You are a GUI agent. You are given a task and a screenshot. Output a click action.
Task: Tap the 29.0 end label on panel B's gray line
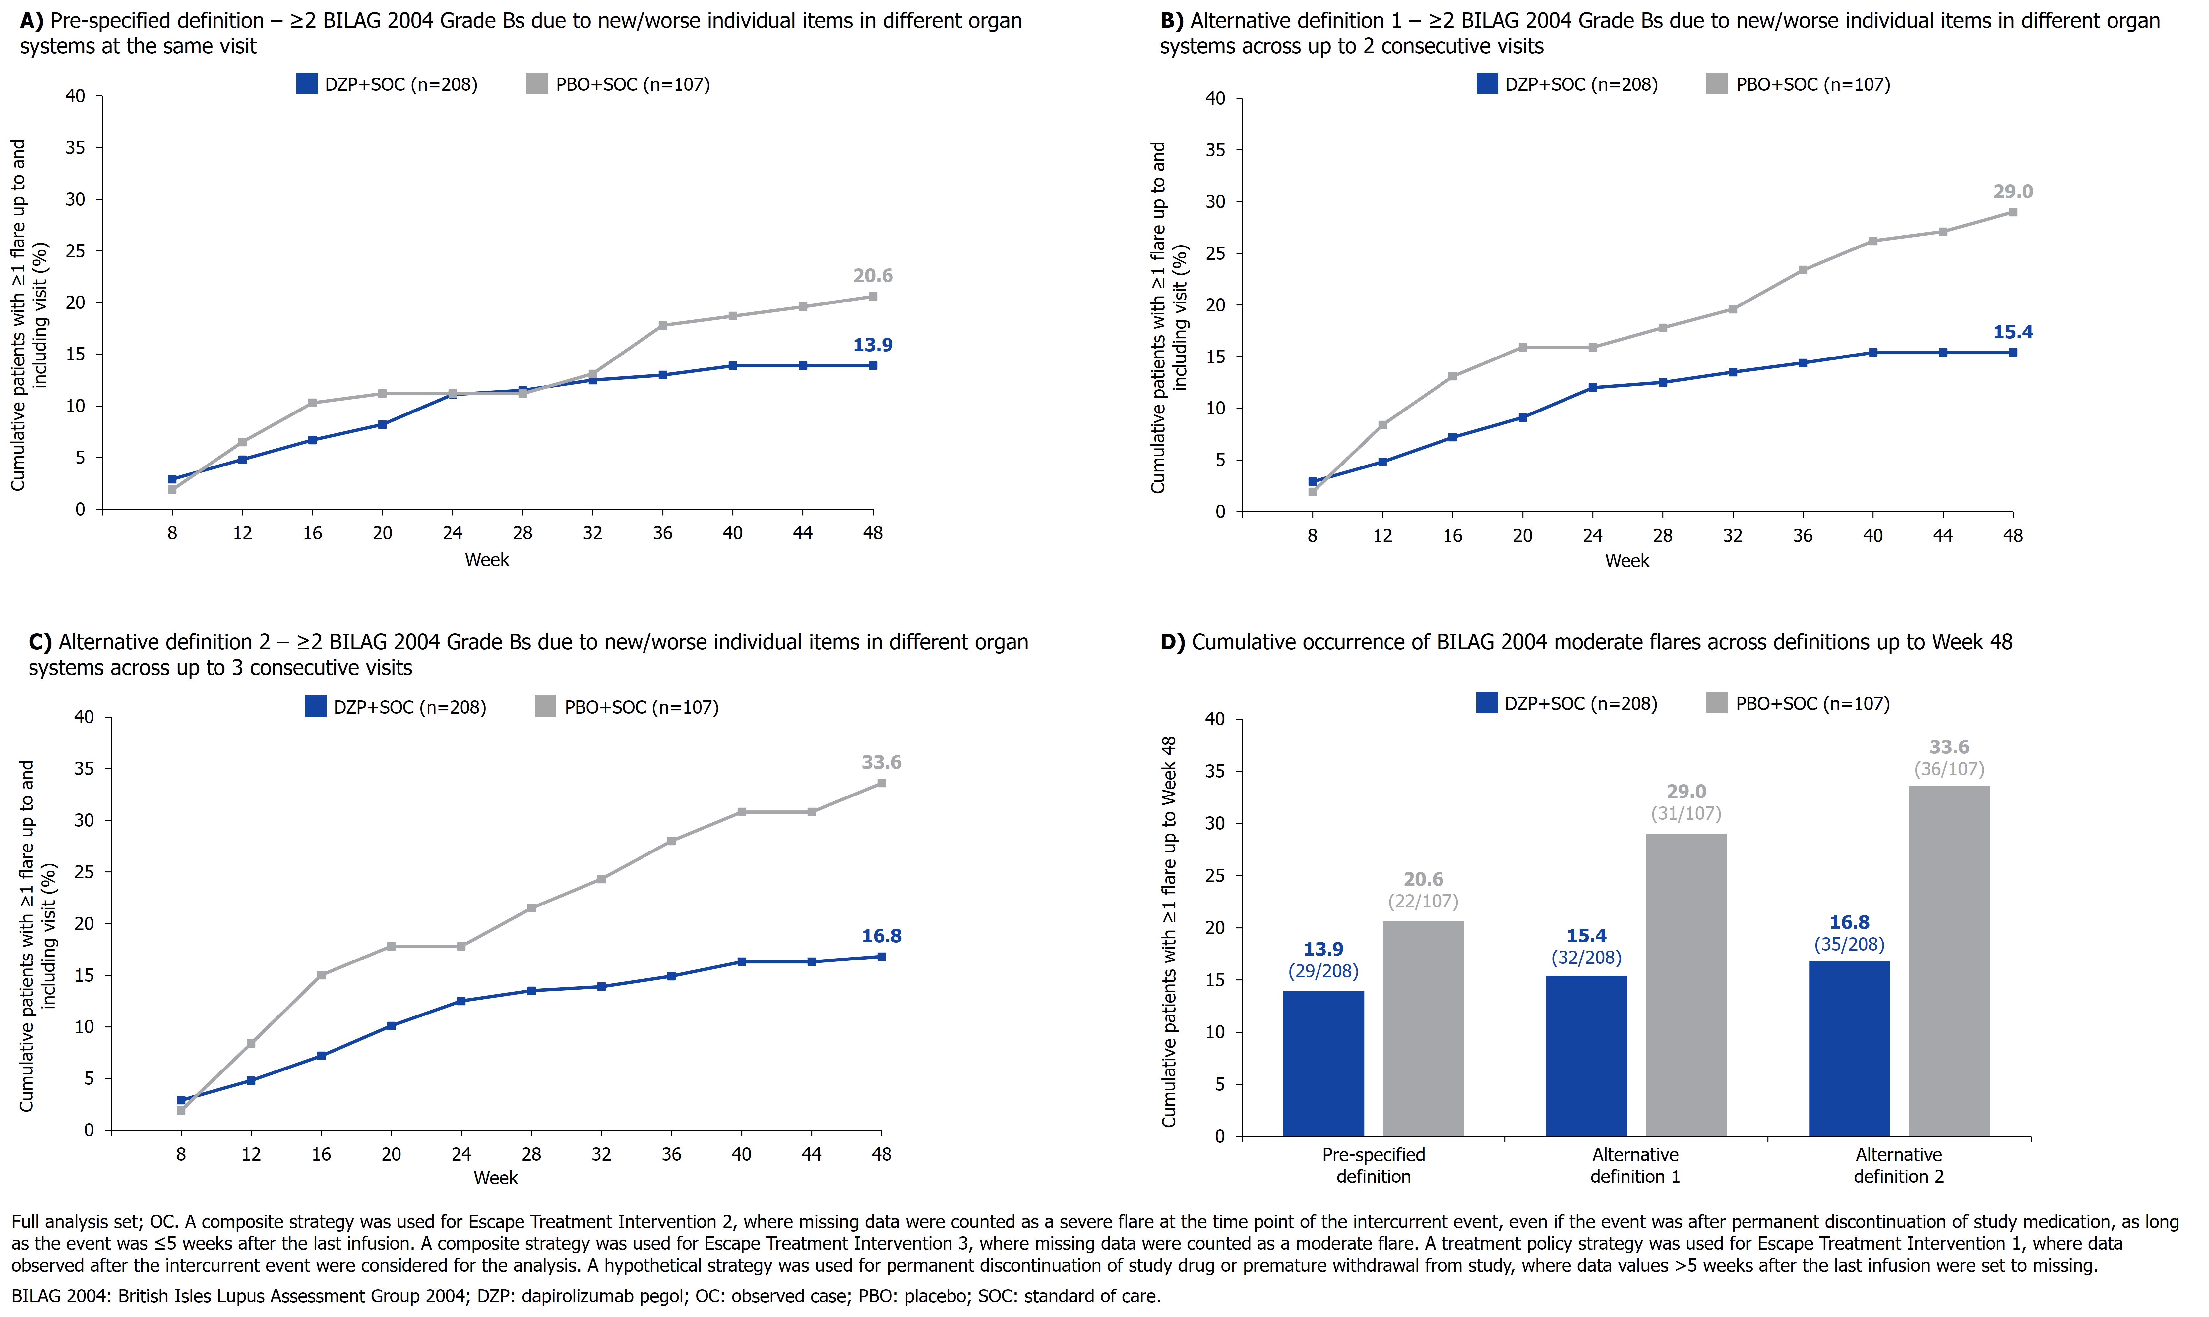2013,192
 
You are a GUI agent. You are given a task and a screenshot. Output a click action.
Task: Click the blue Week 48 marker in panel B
2013,352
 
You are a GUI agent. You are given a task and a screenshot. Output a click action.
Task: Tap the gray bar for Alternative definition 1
1686,985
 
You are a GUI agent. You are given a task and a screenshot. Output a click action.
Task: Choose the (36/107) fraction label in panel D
1949,769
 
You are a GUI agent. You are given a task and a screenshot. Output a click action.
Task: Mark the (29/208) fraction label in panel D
1323,971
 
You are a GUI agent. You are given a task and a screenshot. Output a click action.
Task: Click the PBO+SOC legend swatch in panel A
536,84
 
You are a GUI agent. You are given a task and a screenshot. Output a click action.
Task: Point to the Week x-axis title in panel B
1626,561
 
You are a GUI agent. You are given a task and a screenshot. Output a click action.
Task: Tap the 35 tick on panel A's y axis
76,148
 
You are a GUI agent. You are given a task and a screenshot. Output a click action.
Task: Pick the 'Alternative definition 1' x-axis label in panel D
1635,1165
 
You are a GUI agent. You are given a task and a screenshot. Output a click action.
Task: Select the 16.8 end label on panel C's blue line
882,936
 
